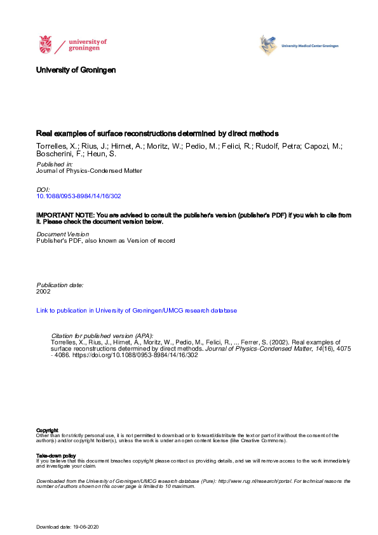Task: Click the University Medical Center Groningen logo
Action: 298,46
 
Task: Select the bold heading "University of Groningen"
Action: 76,70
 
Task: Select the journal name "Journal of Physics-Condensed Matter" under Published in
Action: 89,171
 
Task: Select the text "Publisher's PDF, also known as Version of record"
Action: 105,241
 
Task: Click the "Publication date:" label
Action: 60,285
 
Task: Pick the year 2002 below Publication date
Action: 44,292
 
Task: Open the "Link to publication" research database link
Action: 137,311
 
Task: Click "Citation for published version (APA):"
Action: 102,335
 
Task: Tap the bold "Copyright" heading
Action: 47,430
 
